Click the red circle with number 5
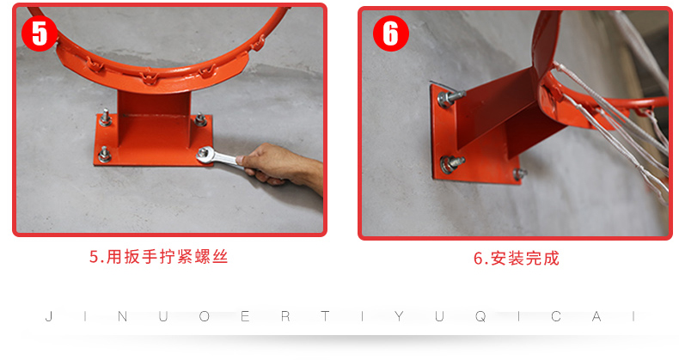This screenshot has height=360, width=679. click(x=40, y=34)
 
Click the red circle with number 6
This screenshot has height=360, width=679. click(x=391, y=34)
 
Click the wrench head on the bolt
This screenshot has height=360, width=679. click(x=204, y=154)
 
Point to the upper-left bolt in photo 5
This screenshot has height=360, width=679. click(x=105, y=118)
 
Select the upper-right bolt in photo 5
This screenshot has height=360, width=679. click(x=200, y=119)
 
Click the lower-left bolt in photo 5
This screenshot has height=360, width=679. click(x=104, y=155)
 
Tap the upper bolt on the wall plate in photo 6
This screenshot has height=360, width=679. click(x=450, y=98)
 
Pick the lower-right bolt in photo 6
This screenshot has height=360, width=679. click(x=519, y=174)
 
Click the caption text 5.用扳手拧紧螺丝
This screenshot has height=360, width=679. click(x=158, y=257)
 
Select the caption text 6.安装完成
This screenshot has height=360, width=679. click(x=517, y=259)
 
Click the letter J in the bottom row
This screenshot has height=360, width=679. click(x=49, y=317)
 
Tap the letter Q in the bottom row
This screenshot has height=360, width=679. click(x=480, y=317)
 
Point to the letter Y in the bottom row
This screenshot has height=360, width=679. click(x=399, y=317)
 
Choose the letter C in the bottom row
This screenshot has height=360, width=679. click(x=556, y=317)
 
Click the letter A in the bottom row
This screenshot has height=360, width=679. click(x=596, y=317)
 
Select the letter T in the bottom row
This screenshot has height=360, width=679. click(x=325, y=317)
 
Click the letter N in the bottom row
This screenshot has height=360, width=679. click(x=123, y=317)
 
